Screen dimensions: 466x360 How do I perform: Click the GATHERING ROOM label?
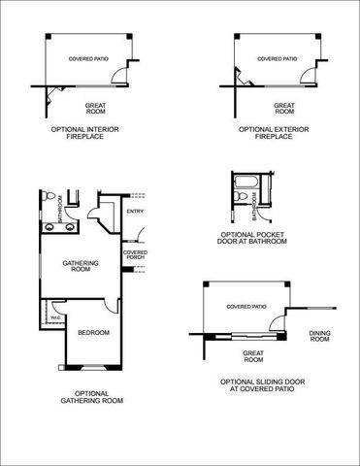(x=77, y=265)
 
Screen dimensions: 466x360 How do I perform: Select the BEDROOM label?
(x=93, y=333)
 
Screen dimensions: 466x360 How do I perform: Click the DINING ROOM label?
(x=320, y=335)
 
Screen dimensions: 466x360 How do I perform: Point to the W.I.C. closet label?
(x=55, y=315)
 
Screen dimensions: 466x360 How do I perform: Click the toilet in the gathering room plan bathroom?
(x=48, y=196)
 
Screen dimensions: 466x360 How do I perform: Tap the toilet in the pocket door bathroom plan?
(x=238, y=200)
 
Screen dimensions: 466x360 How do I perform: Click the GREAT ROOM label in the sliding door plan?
(x=253, y=356)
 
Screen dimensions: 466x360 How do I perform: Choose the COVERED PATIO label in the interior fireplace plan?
(x=88, y=58)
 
